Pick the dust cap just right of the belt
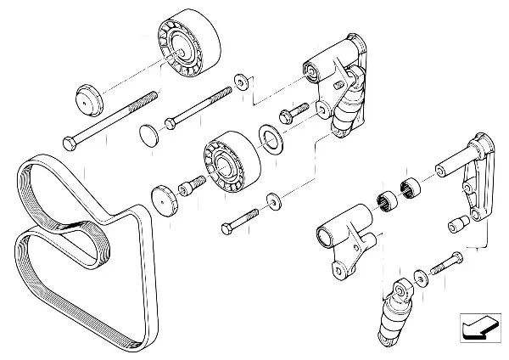click(165, 200)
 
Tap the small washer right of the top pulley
click(242, 82)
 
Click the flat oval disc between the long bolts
click(150, 133)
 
